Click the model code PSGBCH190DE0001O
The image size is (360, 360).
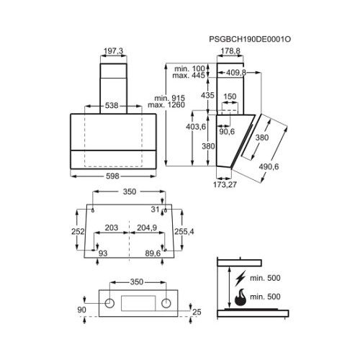tap(250, 39)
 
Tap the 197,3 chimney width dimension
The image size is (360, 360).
tap(113, 51)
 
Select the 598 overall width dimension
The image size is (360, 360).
tap(112, 176)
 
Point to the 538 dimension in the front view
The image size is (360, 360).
tap(112, 105)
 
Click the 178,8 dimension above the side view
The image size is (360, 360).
tap(230, 51)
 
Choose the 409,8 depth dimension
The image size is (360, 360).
tap(236, 73)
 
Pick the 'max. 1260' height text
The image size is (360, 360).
tap(166, 105)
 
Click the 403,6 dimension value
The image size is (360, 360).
tap(196, 127)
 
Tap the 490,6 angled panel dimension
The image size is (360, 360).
tap(269, 166)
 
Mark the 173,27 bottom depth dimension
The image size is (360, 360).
tap(225, 184)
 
